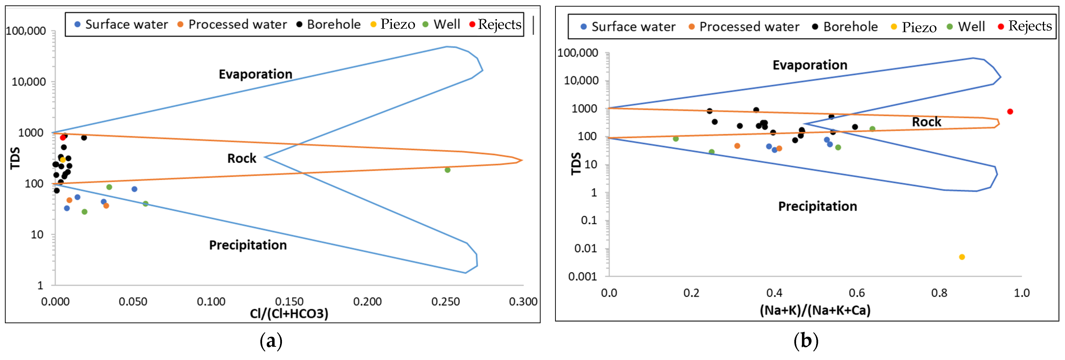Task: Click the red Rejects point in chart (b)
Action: pos(1010,112)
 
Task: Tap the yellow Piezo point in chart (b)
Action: pos(962,257)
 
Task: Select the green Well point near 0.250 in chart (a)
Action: pos(447,170)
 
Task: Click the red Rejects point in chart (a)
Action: pos(63,137)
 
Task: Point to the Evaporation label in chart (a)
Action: pos(255,74)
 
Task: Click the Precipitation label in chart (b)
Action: pos(817,206)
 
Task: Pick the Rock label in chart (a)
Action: pos(242,158)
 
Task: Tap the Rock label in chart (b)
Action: pos(927,122)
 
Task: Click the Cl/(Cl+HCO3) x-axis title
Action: pos(289,314)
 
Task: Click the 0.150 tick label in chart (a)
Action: pos(289,301)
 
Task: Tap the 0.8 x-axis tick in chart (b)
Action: pos(939,293)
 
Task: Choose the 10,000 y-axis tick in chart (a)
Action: pos(28,82)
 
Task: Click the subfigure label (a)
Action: pos(271,341)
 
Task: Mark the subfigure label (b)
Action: pos(806,341)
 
